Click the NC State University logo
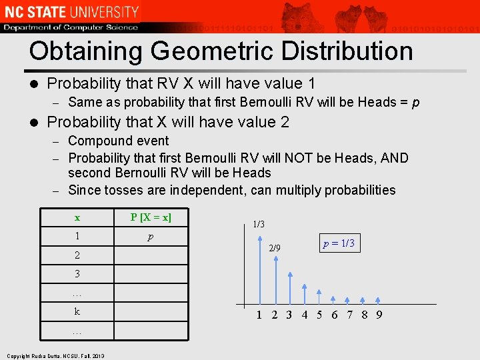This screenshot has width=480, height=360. (x=71, y=11)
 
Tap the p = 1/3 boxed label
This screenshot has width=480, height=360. (x=339, y=243)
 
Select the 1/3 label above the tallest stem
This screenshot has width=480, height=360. (x=259, y=224)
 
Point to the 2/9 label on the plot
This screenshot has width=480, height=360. (x=275, y=249)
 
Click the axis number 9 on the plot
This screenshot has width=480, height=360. (x=379, y=315)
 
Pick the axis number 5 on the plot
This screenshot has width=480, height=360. (x=319, y=315)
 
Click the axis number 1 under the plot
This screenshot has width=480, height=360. (x=259, y=315)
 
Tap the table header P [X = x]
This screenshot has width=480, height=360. (x=151, y=217)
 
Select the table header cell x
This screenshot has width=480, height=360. (x=77, y=217)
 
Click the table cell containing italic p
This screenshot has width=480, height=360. (x=151, y=236)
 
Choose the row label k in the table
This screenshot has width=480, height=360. (x=77, y=311)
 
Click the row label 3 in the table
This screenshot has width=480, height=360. (x=77, y=274)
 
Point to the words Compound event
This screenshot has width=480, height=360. (x=119, y=141)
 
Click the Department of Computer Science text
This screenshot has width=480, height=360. (x=71, y=27)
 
